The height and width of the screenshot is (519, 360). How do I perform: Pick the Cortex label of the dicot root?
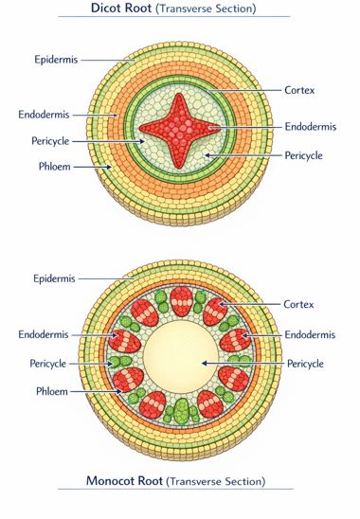click(x=300, y=90)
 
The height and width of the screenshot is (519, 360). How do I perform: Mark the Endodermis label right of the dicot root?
click(x=312, y=126)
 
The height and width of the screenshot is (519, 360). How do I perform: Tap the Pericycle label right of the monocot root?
click(x=305, y=364)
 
